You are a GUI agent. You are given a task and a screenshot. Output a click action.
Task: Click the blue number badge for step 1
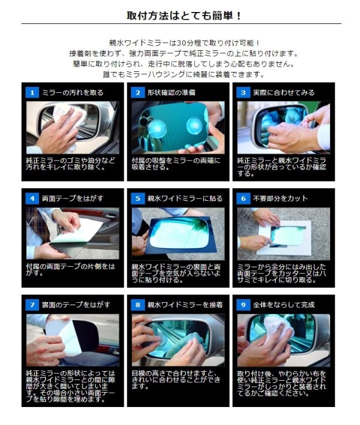(32, 93)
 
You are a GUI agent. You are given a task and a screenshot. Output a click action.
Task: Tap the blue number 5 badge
(137, 198)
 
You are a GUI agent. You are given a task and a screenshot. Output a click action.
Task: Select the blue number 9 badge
(243, 305)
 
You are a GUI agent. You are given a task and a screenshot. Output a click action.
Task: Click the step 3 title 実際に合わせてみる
(283, 93)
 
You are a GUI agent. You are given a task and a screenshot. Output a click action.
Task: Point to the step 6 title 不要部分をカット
(280, 198)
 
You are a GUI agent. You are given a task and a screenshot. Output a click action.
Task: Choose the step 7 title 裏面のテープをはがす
(76, 305)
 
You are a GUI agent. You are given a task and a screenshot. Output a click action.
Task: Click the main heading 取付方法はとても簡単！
(184, 16)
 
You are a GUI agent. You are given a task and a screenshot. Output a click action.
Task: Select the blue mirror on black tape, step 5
(179, 234)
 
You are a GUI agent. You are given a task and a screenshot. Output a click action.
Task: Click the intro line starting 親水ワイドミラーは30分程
(184, 43)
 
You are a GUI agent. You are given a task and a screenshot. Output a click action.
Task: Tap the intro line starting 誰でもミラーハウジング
(184, 74)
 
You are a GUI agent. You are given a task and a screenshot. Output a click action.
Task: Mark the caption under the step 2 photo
(176, 164)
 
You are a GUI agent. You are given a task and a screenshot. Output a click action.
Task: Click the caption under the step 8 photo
(176, 379)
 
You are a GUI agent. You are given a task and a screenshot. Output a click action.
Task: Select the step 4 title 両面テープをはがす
(73, 198)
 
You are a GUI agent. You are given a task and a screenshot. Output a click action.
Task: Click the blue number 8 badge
(137, 305)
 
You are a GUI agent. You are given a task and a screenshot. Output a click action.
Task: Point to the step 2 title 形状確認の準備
(171, 93)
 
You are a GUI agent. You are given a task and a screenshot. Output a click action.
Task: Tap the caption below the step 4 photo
(71, 269)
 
